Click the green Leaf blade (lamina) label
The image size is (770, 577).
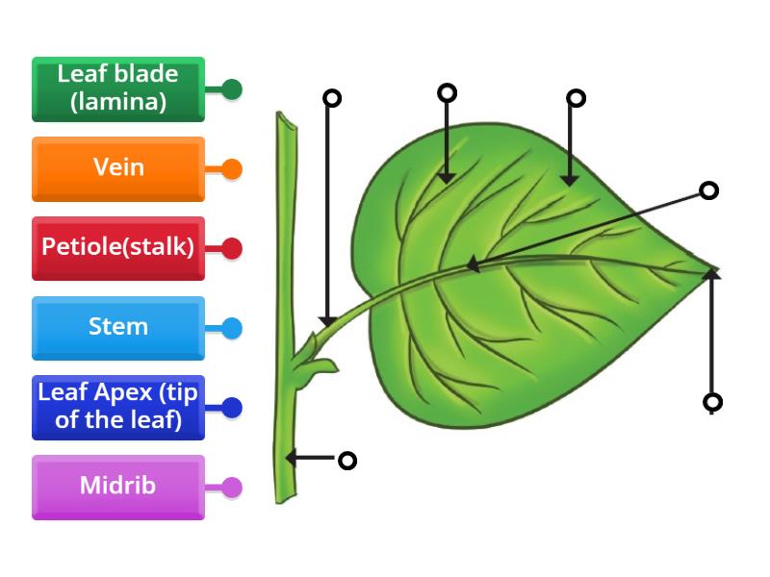click(118, 88)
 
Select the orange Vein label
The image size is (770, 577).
click(118, 168)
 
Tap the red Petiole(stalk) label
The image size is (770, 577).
click(118, 248)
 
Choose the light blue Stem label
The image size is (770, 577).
click(118, 327)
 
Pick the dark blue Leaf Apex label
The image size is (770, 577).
click(118, 407)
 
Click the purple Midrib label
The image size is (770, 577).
click(118, 487)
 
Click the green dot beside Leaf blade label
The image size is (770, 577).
click(231, 89)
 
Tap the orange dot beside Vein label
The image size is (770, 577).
click(231, 169)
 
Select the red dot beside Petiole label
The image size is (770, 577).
click(231, 249)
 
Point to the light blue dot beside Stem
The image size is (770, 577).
click(231, 328)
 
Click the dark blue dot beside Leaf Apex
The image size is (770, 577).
click(231, 408)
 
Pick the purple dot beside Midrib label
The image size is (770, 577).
click(231, 488)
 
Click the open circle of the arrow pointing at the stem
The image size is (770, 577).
click(347, 461)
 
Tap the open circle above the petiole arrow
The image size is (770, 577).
click(332, 97)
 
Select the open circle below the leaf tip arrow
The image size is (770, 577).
click(712, 402)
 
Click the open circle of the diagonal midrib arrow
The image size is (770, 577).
click(709, 190)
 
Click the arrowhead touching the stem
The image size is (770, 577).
click(292, 459)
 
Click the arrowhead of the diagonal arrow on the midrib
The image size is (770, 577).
click(473, 264)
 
